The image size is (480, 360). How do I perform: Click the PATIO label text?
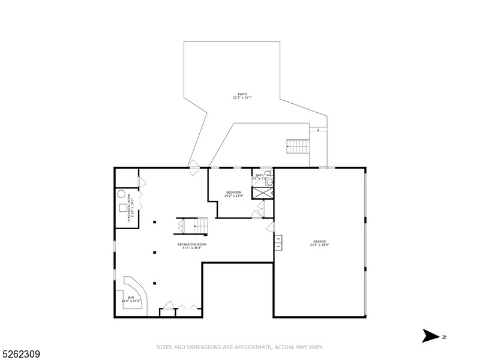[x=242, y=94]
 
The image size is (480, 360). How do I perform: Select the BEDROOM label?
[x=233, y=192]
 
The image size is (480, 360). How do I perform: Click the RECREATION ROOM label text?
[x=191, y=244]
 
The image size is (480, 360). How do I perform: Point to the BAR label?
[x=131, y=296]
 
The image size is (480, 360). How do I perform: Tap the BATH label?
[x=259, y=175]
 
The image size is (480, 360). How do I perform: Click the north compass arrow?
[x=431, y=336]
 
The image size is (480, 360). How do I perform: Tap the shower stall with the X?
[x=262, y=193]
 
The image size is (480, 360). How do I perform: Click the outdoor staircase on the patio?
[x=298, y=146]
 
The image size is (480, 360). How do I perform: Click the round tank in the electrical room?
[x=121, y=194]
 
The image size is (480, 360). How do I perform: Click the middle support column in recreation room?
[x=154, y=253]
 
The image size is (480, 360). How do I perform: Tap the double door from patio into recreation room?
[x=194, y=166]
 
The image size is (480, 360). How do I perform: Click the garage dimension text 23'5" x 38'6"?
[x=320, y=245]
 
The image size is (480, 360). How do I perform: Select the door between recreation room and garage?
[x=271, y=228]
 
